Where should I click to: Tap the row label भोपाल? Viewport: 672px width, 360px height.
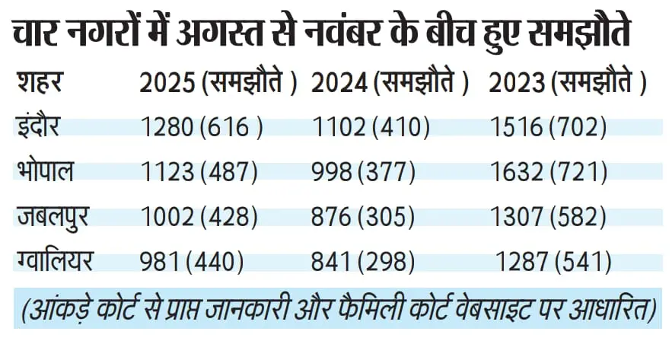click(x=46, y=172)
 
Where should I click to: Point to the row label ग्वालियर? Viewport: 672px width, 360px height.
click(x=56, y=262)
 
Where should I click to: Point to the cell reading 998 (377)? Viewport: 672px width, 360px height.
click(x=363, y=173)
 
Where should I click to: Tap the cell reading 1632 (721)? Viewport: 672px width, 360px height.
click(x=548, y=173)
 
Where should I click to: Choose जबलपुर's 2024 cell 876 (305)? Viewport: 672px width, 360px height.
click(x=363, y=218)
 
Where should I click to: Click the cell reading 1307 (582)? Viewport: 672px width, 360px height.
click(x=548, y=218)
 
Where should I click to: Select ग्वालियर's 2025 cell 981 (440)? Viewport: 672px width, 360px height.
click(x=191, y=263)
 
